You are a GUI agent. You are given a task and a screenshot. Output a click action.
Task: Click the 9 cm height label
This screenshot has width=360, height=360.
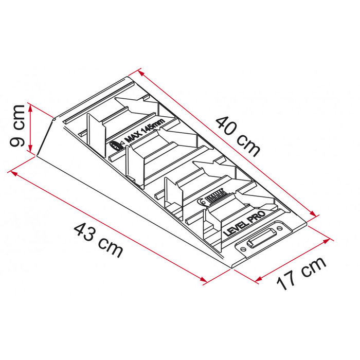coord(17,126)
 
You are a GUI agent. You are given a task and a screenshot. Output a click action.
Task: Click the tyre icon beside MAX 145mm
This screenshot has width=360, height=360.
coord(115,146)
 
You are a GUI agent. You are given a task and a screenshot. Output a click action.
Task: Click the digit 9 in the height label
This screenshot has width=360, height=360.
coord(17,141)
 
